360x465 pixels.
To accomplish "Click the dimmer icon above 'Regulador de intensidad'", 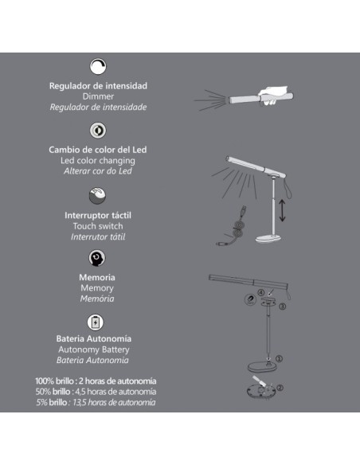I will coord(98,67).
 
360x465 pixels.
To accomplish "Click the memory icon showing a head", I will coord(97,258).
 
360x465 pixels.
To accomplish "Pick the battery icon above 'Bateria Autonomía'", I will coord(97,322).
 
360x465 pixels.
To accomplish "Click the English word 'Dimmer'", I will coord(98,96).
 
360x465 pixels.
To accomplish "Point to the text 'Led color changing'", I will coord(98,160).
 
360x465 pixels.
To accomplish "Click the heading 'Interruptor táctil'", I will coord(98,216).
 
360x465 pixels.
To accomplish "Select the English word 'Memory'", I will coord(97,287).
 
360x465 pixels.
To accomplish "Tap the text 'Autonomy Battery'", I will coord(98,350).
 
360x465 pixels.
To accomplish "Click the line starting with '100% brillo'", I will coord(96,381).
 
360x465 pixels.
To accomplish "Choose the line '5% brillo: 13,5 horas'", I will coord(96,403).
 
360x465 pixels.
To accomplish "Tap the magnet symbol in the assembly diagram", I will coord(250,299).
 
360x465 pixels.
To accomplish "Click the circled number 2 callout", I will coord(279,388).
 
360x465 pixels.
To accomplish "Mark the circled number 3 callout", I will coord(282,305).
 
